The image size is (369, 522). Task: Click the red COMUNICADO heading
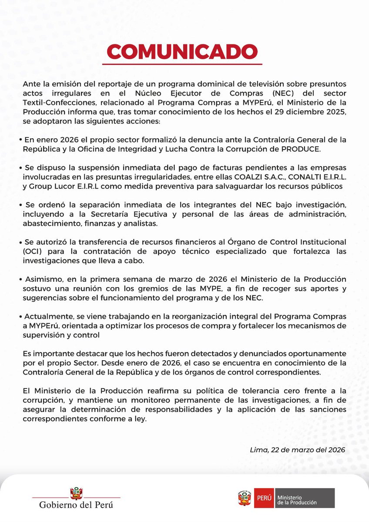(184, 50)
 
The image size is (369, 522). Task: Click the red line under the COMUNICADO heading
(184, 65)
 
